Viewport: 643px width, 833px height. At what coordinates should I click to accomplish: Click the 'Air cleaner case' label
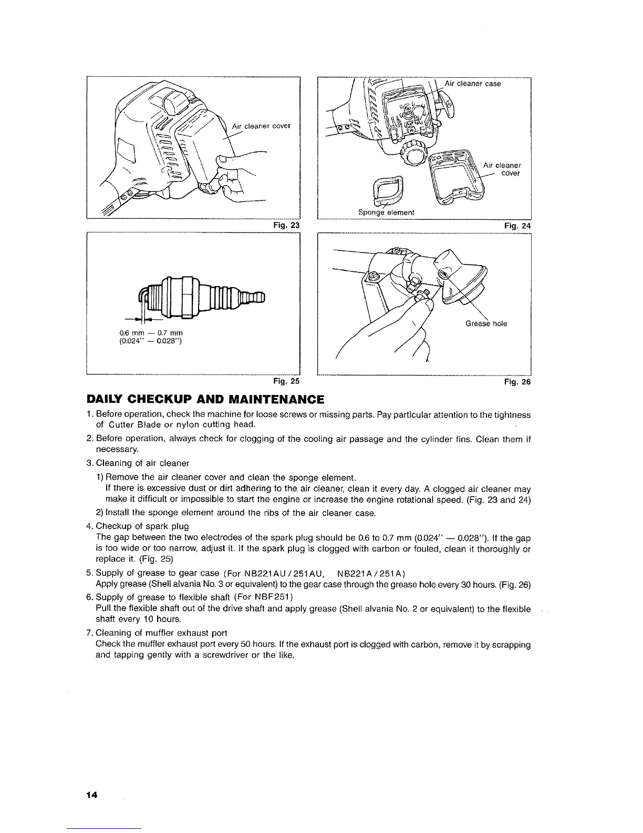click(x=472, y=84)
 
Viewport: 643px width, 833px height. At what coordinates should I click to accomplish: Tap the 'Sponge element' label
click(x=386, y=212)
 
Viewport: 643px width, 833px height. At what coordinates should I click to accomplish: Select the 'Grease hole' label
click(x=486, y=323)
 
